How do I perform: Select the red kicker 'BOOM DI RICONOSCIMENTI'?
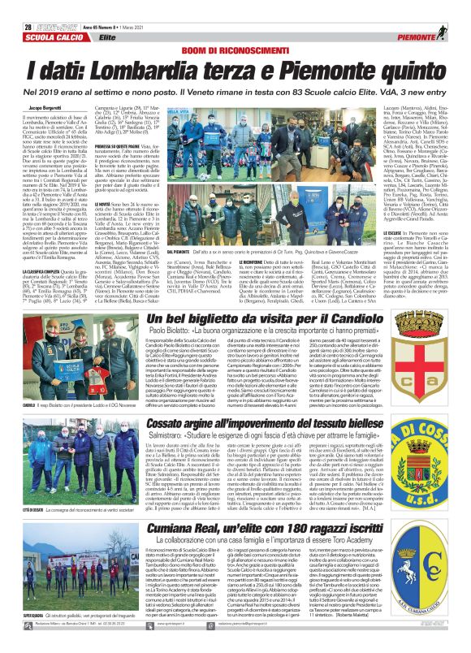tap(235, 30)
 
